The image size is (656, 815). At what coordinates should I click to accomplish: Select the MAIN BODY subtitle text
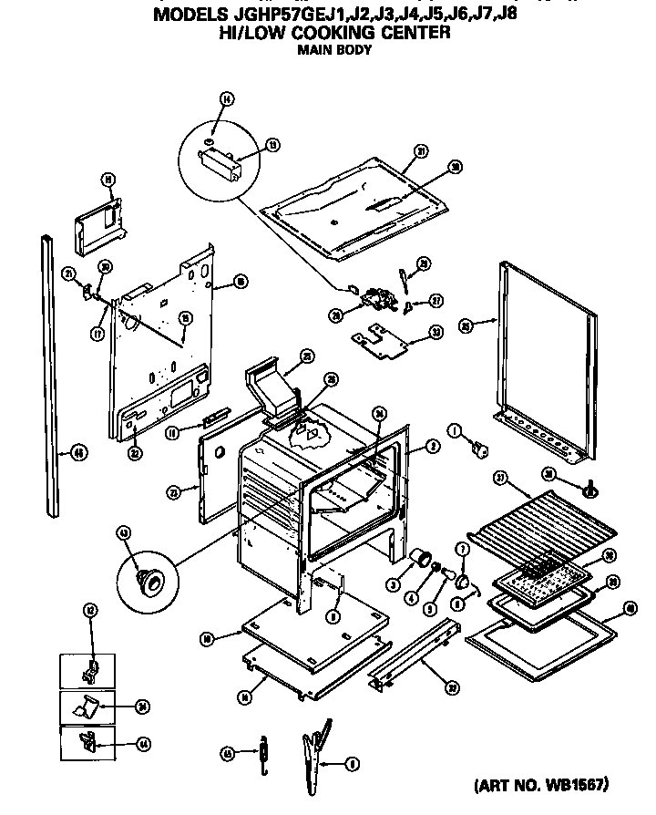click(334, 50)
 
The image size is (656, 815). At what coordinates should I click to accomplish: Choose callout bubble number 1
click(452, 428)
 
